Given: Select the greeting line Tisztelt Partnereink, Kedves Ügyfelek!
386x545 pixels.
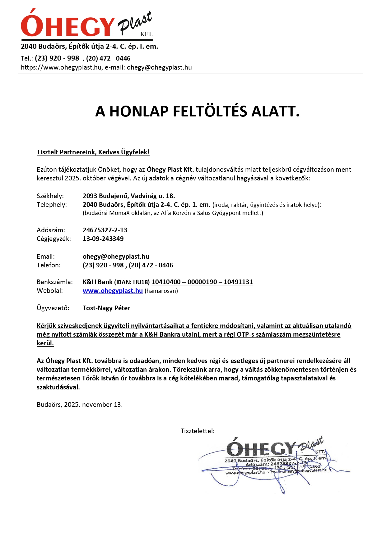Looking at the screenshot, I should [93, 152].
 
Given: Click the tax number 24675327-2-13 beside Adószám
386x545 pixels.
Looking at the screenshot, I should [105, 230].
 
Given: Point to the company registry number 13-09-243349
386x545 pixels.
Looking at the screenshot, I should [103, 239].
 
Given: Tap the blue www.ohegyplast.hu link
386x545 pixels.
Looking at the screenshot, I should [113, 291].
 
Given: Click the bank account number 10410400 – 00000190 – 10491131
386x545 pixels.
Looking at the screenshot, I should [202, 282].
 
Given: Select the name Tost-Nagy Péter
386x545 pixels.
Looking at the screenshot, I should [106, 308].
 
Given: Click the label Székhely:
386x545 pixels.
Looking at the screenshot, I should [50, 196].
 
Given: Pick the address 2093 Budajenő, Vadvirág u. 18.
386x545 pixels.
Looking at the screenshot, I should [129, 196].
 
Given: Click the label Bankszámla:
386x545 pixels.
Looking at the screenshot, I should [55, 282].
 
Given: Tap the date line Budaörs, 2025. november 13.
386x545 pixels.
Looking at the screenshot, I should [80, 405].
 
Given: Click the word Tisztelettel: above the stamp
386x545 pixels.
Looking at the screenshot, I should [198, 431].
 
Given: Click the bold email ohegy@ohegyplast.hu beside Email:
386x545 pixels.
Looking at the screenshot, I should [116, 257].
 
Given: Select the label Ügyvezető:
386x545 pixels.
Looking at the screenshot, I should [53, 308].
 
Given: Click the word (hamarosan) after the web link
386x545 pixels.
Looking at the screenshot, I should [161, 291].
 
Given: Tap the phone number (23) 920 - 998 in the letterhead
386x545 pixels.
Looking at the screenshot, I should [57, 58].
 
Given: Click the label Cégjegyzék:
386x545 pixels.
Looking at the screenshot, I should [54, 239].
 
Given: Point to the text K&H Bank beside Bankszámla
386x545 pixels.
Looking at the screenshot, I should [97, 282].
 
